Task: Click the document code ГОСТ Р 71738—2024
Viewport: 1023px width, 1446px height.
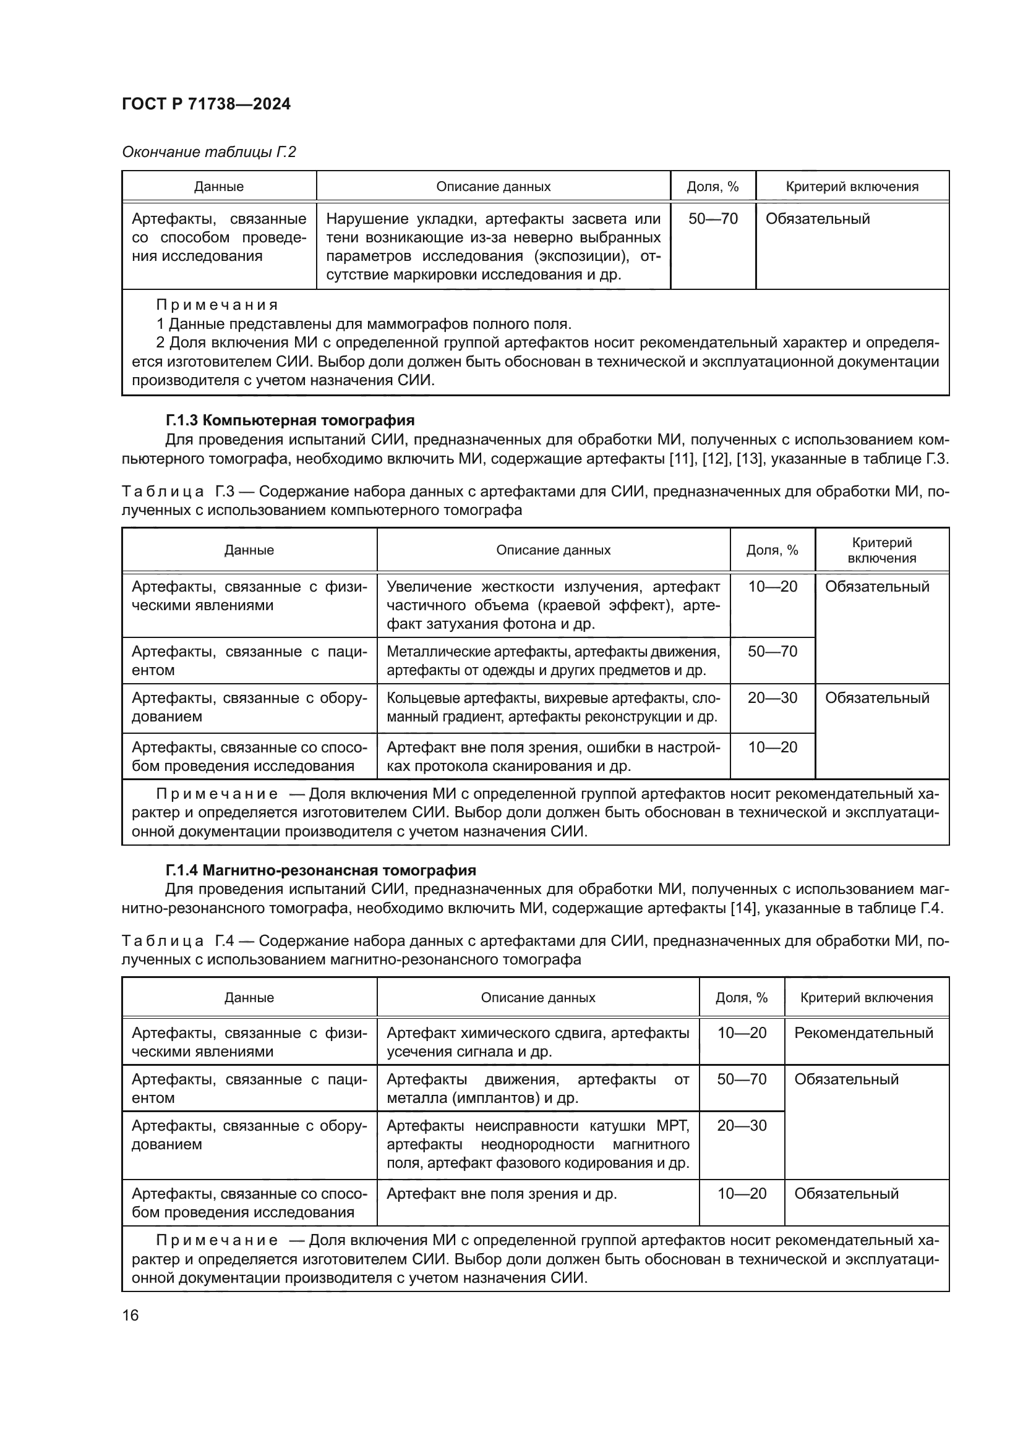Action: pyautogui.click(x=206, y=104)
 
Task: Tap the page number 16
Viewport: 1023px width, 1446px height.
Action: pyautogui.click(x=131, y=1316)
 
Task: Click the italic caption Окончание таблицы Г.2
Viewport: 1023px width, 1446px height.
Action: pyautogui.click(x=208, y=152)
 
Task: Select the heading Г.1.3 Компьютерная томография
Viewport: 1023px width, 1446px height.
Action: pyautogui.click(x=289, y=420)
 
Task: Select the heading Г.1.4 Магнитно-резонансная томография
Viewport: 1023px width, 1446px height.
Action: pyautogui.click(x=320, y=870)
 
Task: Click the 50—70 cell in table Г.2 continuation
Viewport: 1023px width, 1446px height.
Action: pyautogui.click(x=713, y=219)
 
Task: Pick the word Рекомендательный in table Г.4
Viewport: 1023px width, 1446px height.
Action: pyautogui.click(x=863, y=1033)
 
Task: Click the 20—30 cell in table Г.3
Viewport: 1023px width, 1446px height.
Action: pyautogui.click(x=773, y=698)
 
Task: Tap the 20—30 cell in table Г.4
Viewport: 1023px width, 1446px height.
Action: pyautogui.click(x=742, y=1125)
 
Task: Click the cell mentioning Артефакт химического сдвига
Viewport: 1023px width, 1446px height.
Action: pyautogui.click(x=537, y=1042)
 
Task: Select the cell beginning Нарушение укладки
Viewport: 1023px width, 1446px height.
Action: pyautogui.click(x=493, y=246)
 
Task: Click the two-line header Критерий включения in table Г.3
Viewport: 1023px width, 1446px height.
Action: pyautogui.click(x=881, y=550)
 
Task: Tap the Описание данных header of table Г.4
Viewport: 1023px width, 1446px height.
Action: pyautogui.click(x=537, y=998)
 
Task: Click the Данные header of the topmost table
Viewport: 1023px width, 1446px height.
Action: pyautogui.click(x=218, y=187)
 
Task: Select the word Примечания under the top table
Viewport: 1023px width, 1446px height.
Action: pyautogui.click(x=216, y=305)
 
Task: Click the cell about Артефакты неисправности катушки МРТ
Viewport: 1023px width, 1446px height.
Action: pyautogui.click(x=537, y=1144)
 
